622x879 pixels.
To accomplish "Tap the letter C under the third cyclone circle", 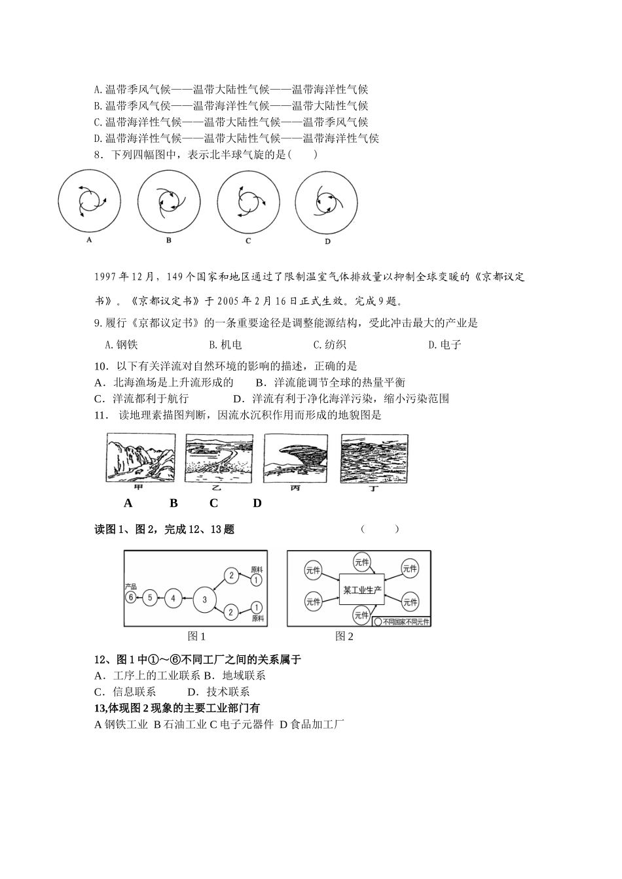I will (x=248, y=241).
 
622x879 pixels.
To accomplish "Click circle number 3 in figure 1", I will (x=205, y=598).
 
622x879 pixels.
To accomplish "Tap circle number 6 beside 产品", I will (x=131, y=597).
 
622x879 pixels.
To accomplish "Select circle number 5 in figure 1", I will (x=150, y=597).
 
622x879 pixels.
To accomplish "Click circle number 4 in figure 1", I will (x=173, y=597).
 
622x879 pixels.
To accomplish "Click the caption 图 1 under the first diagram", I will (x=196, y=636).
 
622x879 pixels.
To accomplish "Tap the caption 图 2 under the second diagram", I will (x=344, y=636).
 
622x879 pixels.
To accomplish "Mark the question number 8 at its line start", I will (x=98, y=155).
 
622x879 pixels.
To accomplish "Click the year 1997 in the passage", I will (x=106, y=277).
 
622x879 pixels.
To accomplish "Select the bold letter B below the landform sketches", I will (x=174, y=503).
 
